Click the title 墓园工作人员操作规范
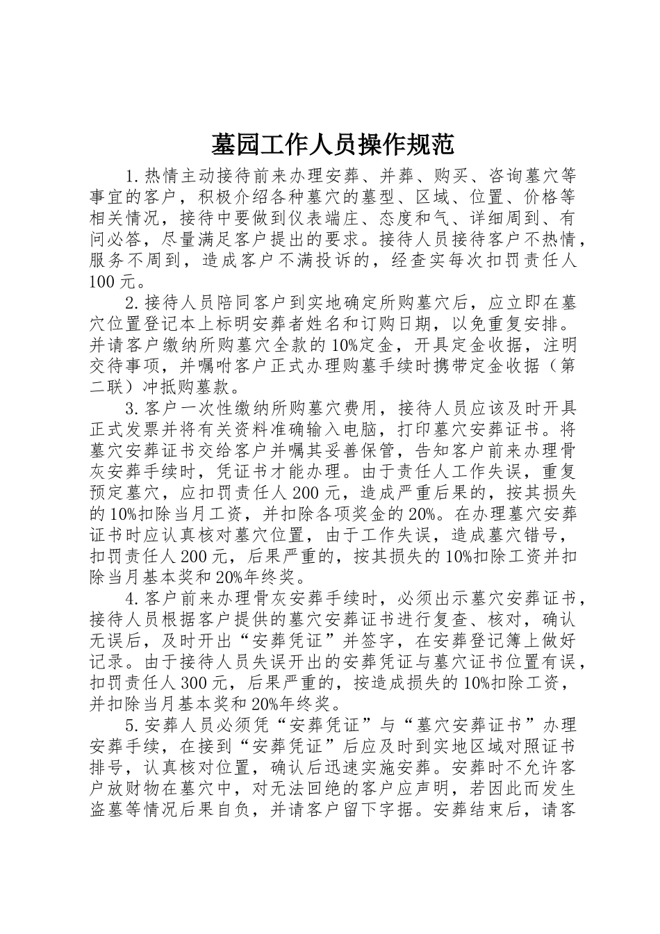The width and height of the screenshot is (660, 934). pos(332,145)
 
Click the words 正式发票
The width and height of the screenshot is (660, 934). pos(125,428)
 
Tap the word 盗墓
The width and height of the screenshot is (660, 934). pos(108,812)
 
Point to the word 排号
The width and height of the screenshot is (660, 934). pos(108,769)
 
